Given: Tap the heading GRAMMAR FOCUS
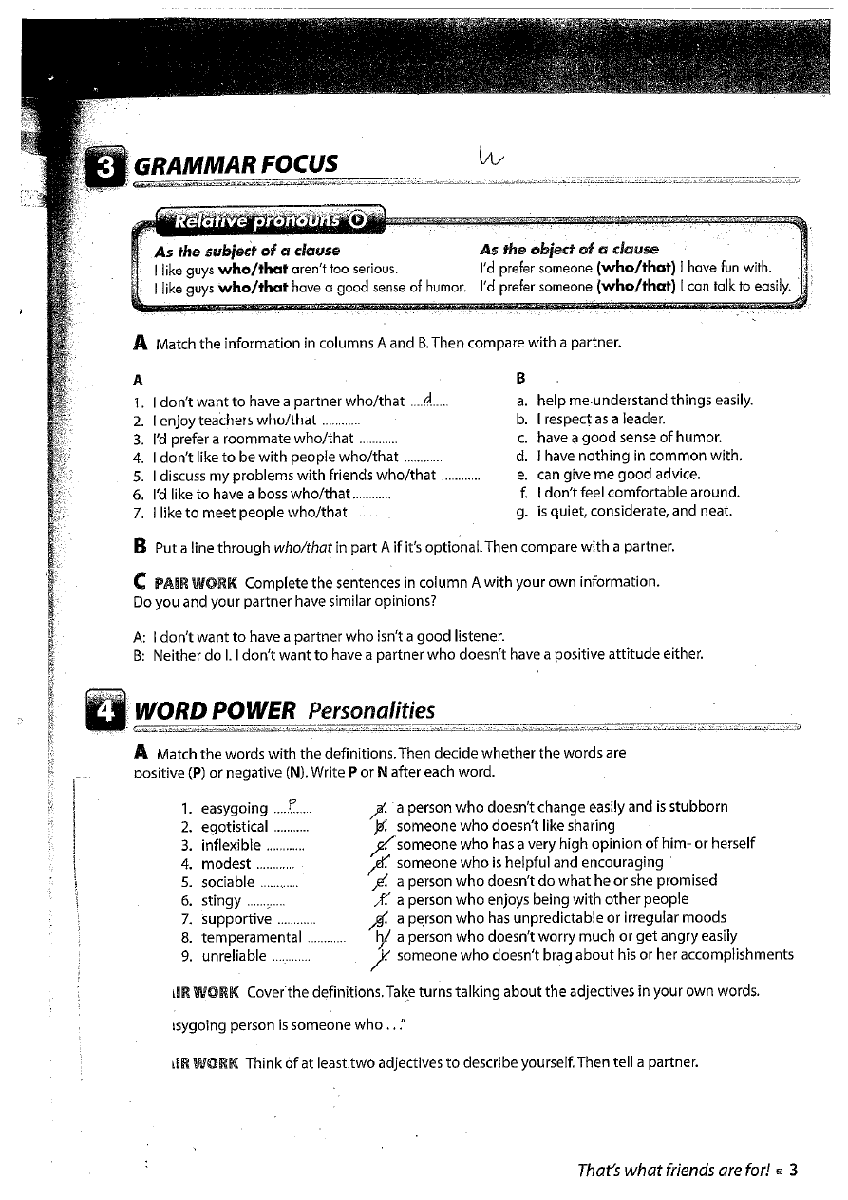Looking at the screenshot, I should click(x=236, y=164).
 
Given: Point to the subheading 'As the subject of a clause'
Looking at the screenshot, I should click(x=247, y=251).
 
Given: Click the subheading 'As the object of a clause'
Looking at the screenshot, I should click(x=569, y=250).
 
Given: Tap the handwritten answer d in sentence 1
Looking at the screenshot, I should click(x=429, y=400).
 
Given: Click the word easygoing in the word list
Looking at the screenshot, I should click(x=235, y=809).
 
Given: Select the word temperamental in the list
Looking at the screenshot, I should click(x=252, y=937).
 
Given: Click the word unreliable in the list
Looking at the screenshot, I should click(x=234, y=956).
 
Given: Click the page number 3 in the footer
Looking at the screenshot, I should click(x=793, y=1170).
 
